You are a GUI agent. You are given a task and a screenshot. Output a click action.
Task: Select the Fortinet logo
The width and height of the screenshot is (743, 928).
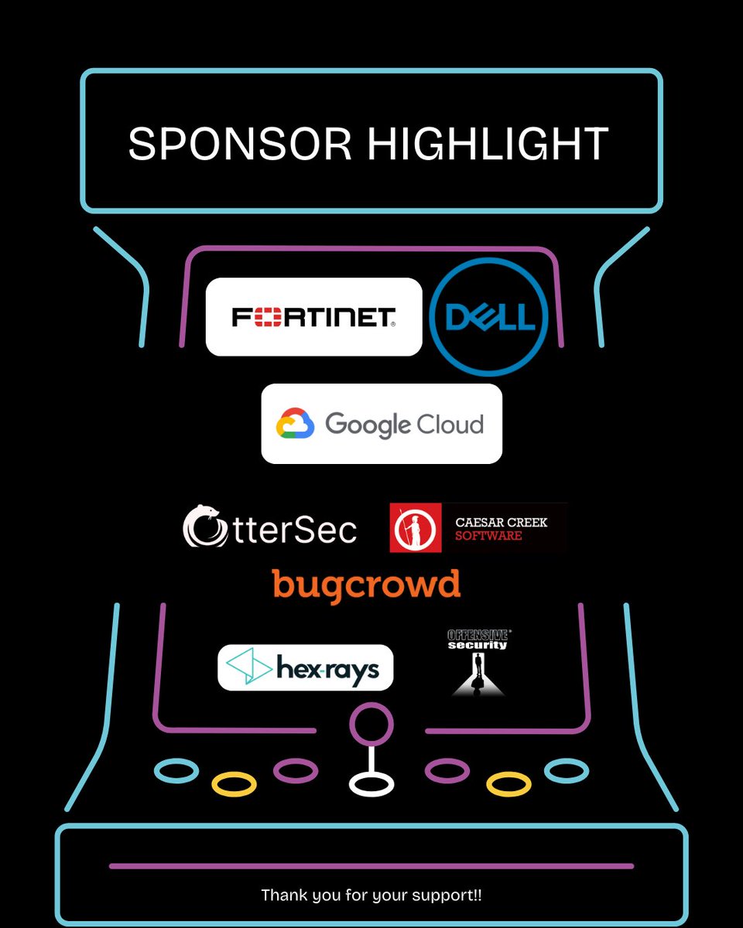tap(313, 317)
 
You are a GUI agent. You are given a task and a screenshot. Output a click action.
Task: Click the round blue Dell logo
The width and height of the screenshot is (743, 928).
tap(488, 318)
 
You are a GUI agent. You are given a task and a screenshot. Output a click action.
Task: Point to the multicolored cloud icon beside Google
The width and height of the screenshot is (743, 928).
tap(295, 424)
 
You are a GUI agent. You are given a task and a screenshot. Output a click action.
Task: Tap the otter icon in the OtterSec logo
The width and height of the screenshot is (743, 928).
tap(205, 526)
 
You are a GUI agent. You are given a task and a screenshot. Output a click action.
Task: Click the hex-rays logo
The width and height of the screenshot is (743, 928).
tap(305, 667)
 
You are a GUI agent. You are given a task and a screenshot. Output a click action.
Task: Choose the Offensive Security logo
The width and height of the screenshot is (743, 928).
tap(478, 662)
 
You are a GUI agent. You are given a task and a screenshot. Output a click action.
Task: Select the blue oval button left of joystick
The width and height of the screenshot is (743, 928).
tap(176, 769)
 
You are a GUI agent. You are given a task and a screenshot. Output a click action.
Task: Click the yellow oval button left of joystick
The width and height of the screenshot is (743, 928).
tap(234, 784)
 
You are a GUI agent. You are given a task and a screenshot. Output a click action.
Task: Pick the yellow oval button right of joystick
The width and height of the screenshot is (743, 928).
tap(508, 784)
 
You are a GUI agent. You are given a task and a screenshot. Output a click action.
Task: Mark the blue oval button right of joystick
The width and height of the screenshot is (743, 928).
tap(567, 770)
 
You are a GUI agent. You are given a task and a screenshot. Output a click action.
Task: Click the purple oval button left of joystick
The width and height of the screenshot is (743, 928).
tap(296, 769)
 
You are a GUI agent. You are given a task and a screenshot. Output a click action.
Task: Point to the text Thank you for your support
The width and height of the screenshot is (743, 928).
tap(371, 895)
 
